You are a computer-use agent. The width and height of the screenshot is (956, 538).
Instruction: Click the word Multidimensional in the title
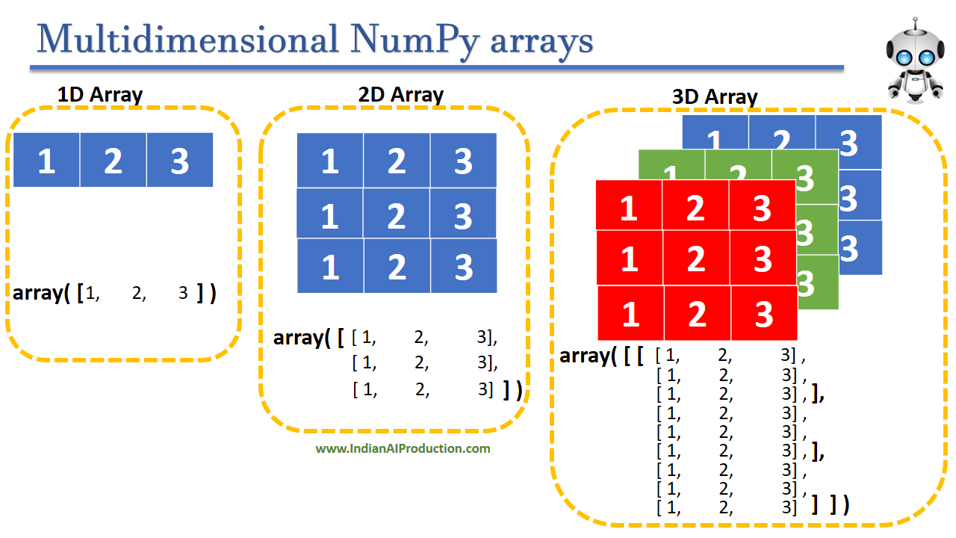[186, 39]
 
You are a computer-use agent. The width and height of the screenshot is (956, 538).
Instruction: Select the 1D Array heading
[100, 95]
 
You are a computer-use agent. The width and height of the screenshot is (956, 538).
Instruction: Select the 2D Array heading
[400, 95]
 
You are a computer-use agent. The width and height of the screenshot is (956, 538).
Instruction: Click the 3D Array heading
[715, 97]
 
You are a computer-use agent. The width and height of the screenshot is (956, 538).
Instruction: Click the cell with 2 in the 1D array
[113, 160]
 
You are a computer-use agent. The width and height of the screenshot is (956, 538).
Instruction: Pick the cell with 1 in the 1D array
[46, 160]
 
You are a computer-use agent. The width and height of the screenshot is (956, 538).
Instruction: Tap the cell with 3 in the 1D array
[179, 160]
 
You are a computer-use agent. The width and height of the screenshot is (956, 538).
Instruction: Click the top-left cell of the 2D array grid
[330, 161]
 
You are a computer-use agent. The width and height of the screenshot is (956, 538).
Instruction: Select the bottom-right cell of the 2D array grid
[463, 266]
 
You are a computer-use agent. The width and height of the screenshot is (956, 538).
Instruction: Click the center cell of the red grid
[696, 258]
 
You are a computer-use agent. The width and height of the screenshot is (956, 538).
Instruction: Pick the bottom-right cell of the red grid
[763, 313]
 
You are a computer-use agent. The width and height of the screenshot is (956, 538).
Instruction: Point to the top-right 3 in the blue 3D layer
[848, 143]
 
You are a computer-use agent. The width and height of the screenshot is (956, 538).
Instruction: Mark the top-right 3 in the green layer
[804, 177]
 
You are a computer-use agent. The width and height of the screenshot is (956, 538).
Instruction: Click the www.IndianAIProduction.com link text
[403, 448]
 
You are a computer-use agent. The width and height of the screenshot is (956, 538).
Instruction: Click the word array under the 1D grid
[37, 292]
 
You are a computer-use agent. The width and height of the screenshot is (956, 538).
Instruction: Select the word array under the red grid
[583, 356]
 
